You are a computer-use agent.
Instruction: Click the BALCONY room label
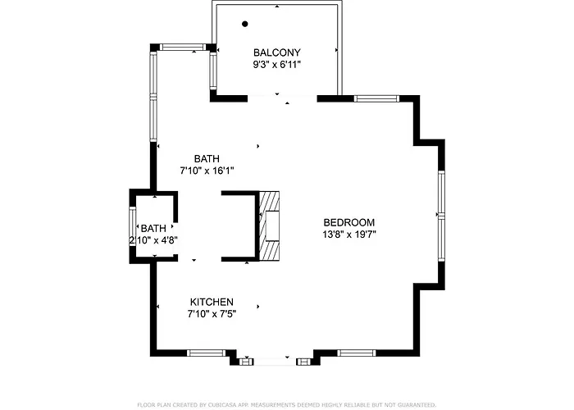[x=277, y=52]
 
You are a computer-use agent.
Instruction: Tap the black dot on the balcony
[x=245, y=24]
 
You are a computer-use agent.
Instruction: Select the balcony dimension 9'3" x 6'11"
[x=277, y=65]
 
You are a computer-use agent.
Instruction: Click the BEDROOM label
[x=348, y=222]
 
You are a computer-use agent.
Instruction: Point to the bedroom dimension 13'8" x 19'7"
[x=348, y=235]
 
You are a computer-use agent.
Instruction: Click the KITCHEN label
[x=212, y=302]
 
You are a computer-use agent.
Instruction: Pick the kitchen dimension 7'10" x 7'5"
[x=212, y=314]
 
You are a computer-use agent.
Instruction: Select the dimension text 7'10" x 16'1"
[x=207, y=171]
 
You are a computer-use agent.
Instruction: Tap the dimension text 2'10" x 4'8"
[x=153, y=240]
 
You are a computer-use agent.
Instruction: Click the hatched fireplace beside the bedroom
[x=270, y=225]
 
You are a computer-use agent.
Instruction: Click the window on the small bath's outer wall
[x=132, y=226]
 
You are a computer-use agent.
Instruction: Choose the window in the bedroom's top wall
[x=376, y=98]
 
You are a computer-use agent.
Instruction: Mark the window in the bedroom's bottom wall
[x=356, y=353]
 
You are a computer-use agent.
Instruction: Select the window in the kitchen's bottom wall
[x=206, y=353]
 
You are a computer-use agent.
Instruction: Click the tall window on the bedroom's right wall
[x=441, y=216]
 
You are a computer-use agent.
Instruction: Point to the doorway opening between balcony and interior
[x=282, y=98]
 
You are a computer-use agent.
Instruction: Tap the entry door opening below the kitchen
[x=276, y=362]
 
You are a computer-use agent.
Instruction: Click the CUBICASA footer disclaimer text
[x=287, y=405]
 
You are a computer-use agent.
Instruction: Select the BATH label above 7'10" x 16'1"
[x=207, y=159]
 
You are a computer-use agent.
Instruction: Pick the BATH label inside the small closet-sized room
[x=153, y=229]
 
